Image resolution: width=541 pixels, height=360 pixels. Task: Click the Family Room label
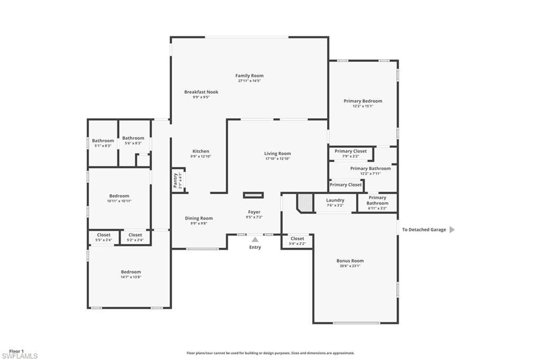[249, 75]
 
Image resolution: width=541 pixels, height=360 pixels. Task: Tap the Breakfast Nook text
[201, 92]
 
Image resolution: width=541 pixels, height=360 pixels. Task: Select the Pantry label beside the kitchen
[176, 181]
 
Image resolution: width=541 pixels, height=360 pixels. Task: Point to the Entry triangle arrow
[255, 240]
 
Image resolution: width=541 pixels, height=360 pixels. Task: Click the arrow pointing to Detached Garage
[452, 230]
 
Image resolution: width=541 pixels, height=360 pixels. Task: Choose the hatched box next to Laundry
[305, 203]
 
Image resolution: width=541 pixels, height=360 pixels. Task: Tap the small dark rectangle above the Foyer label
[253, 195]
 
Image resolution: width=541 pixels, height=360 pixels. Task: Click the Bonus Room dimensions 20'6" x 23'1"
[350, 266]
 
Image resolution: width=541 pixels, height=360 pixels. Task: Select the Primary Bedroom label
[363, 101]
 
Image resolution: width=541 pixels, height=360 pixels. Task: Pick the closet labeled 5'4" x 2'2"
[297, 241]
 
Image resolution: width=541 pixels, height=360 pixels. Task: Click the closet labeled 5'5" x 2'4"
[104, 237]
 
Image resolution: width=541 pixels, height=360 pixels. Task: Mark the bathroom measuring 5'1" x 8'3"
[103, 143]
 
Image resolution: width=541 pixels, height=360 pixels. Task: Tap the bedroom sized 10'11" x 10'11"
[119, 198]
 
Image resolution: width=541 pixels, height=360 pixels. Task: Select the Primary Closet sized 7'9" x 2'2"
[351, 154]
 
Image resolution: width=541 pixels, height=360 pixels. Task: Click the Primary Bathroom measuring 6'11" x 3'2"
[377, 203]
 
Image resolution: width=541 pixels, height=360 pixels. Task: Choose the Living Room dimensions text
[277, 158]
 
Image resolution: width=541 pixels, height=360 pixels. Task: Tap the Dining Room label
[199, 218]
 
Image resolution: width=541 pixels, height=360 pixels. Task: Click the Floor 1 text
[16, 351]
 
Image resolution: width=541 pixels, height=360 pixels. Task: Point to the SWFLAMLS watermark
[20, 356]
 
